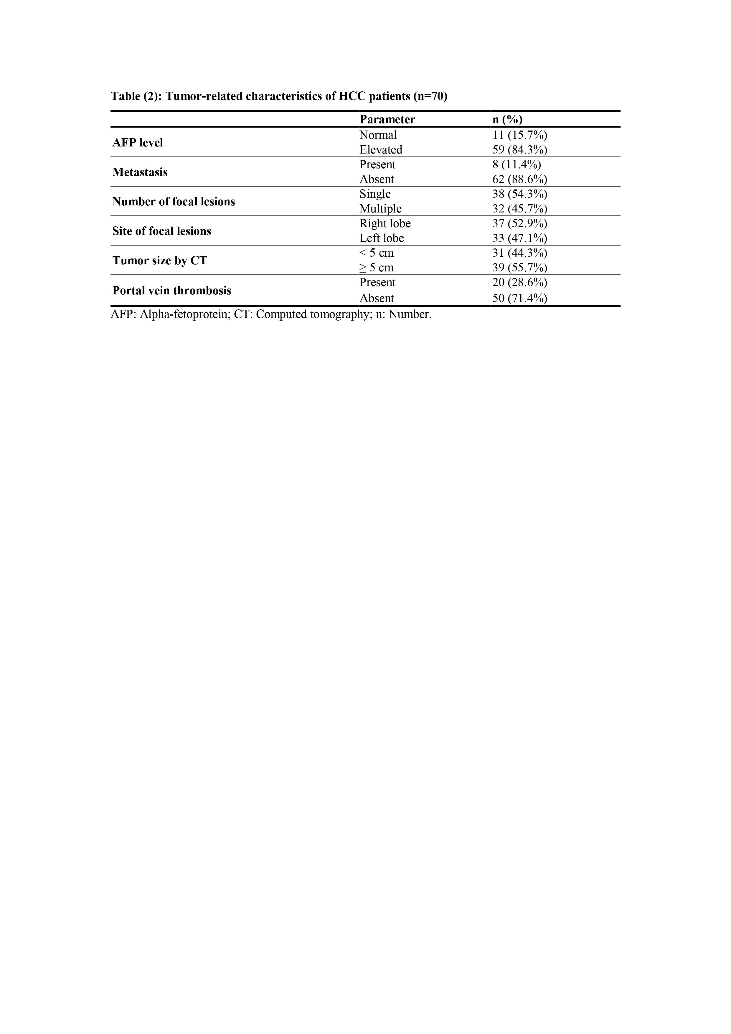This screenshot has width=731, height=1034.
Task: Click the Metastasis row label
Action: click(140, 172)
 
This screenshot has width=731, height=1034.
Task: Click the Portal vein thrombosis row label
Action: click(171, 291)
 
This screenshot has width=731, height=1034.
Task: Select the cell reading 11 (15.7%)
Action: click(520, 135)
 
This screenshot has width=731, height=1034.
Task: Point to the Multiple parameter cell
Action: click(380, 209)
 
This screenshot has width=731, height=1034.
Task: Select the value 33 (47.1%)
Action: click(520, 238)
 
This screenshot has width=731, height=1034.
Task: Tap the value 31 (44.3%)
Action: click(520, 253)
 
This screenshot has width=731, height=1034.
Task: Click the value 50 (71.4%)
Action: click(520, 298)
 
